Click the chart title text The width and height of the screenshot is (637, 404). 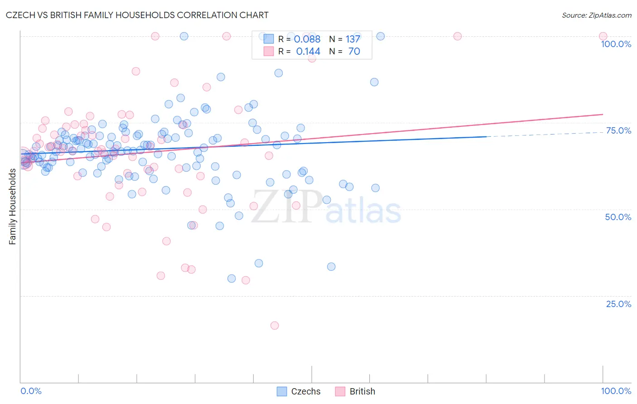[137, 15]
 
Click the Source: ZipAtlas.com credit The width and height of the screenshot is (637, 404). [596, 15]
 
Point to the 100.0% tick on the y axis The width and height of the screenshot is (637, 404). [616, 44]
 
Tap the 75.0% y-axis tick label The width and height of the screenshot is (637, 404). [618, 130]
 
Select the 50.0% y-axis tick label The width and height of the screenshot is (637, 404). [618, 217]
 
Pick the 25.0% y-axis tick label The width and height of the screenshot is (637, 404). [618, 304]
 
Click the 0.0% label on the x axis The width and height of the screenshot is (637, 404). [31, 391]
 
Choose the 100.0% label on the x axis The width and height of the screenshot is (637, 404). [616, 391]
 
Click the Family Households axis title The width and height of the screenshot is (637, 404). [13, 207]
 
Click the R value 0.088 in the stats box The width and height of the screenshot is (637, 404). [307, 39]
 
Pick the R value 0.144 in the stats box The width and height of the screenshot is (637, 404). [308, 52]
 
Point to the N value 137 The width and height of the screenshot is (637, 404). [353, 39]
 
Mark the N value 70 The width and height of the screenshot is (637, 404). [354, 52]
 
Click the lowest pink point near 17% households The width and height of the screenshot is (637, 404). [274, 325]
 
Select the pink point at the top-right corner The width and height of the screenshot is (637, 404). [603, 36]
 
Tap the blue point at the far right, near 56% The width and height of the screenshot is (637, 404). [375, 188]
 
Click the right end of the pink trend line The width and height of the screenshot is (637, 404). [603, 114]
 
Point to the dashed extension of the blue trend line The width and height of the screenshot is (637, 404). [544, 134]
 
